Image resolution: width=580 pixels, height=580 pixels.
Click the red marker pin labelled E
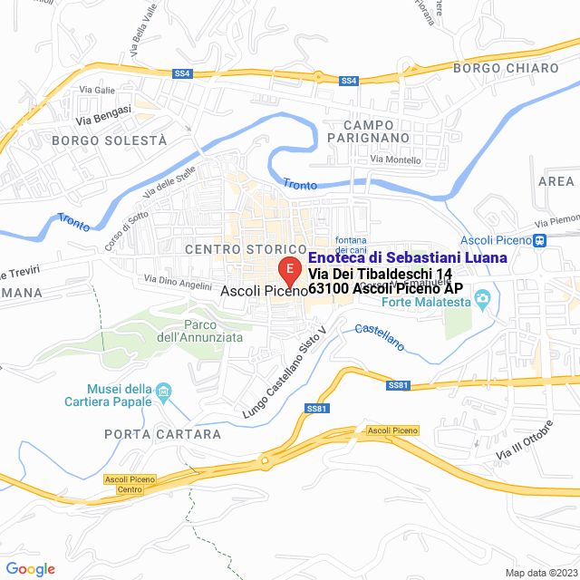288,270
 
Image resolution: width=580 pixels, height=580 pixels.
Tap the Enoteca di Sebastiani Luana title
408,258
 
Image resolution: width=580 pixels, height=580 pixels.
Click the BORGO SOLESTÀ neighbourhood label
110,140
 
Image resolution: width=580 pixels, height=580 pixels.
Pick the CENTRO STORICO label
246,248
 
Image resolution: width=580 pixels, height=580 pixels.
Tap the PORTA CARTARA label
162,434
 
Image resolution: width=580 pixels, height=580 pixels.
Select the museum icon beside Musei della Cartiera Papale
164,391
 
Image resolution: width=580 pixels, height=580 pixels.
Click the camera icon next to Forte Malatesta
483,297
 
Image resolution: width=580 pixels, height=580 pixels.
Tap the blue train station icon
540,240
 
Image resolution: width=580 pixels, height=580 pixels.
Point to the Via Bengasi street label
103,114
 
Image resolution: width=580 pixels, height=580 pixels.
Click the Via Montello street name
396,160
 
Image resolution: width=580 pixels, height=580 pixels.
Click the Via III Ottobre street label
524,440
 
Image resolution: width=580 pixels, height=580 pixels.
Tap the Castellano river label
380,337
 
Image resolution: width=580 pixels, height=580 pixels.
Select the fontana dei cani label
351,244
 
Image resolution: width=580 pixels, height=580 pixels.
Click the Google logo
31,569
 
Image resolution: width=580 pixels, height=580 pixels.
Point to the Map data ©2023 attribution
540,573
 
